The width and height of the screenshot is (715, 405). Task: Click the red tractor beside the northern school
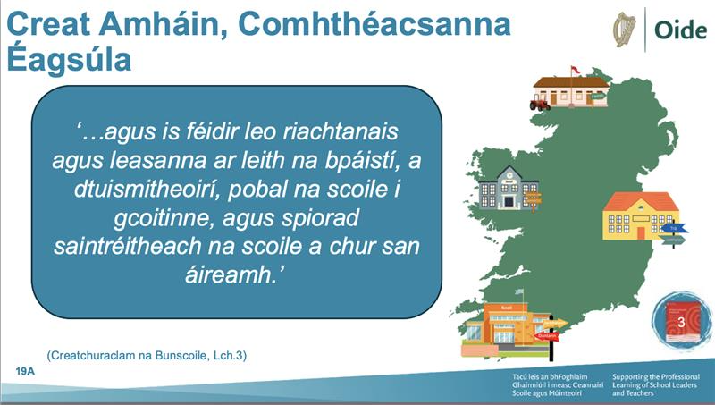pos(540,105)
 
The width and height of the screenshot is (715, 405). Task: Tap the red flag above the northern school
pos(575,70)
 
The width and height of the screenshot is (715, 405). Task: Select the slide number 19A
pos(25,370)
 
